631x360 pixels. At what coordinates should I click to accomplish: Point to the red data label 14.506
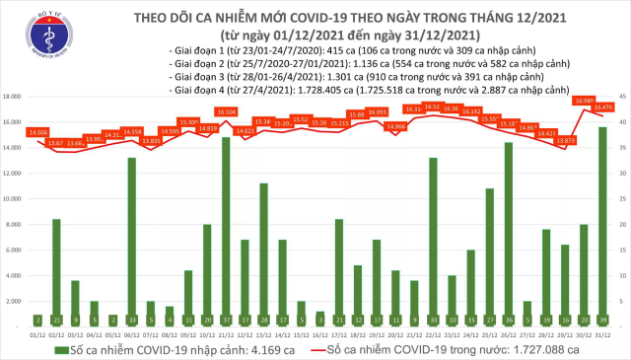[x=39, y=131]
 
